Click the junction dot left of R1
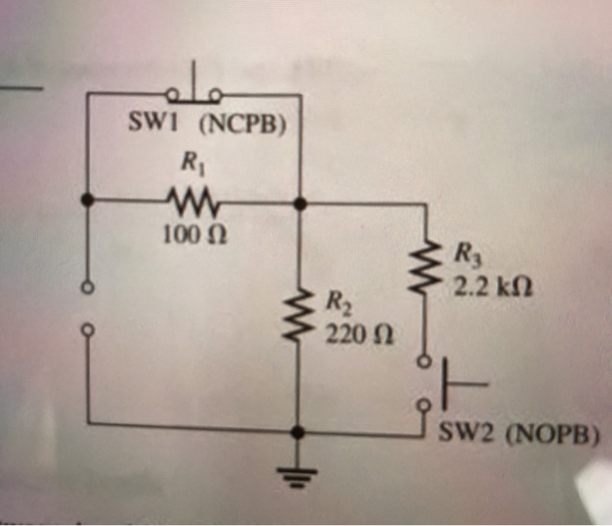point(87,201)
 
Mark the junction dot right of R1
point(299,203)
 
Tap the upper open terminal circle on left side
point(87,287)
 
